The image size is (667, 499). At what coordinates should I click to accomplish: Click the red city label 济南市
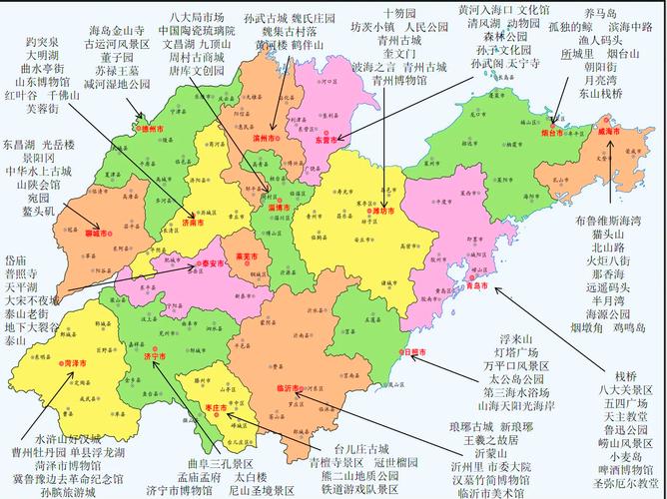point(193,225)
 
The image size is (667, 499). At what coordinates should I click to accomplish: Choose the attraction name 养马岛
point(600,13)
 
